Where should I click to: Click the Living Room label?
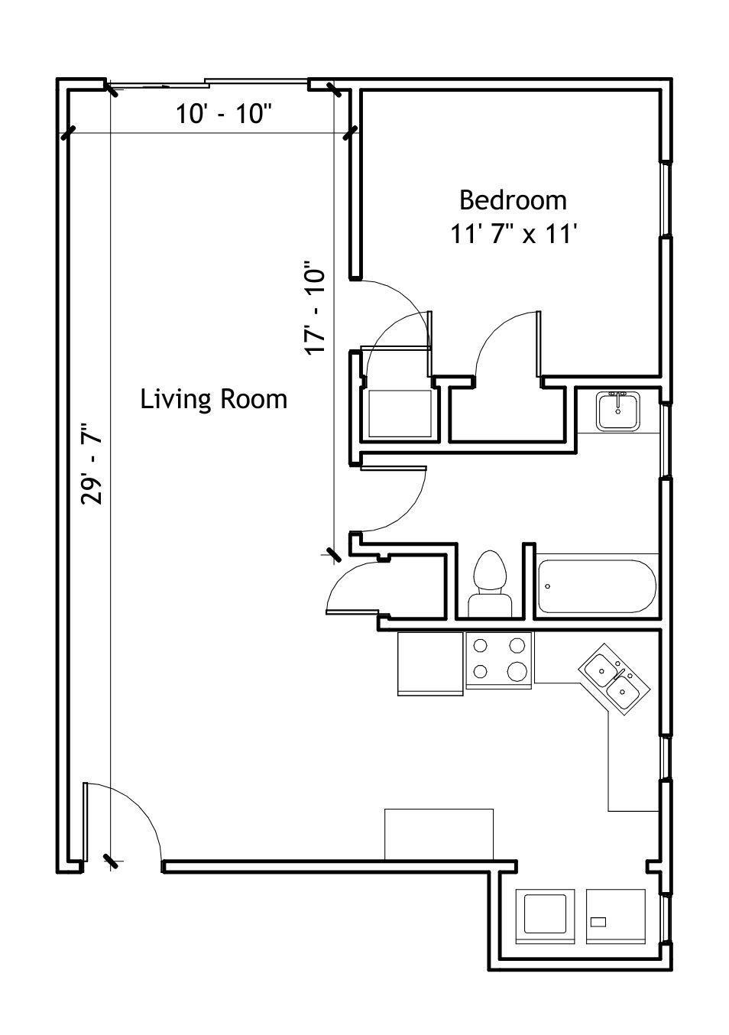point(213,399)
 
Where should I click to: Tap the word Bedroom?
point(513,200)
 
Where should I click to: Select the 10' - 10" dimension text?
point(223,114)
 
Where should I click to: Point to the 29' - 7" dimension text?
point(92,463)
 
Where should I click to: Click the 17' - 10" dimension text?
point(315,308)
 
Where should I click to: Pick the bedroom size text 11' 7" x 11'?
point(514,235)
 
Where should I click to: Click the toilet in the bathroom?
point(490,584)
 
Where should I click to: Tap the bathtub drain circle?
point(548,586)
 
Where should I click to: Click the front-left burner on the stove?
point(481,670)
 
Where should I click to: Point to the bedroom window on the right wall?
point(666,200)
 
